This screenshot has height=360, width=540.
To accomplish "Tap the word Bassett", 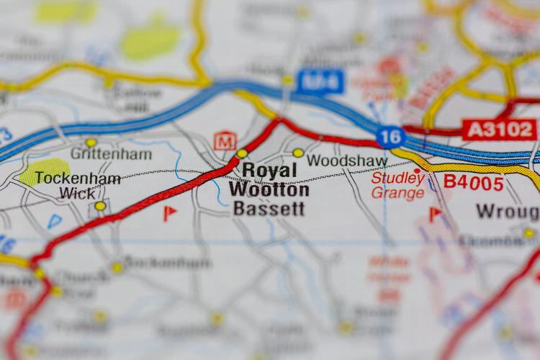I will (x=268, y=210).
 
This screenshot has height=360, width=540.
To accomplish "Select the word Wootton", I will (x=269, y=190).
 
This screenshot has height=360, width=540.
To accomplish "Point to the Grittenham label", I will (x=111, y=154).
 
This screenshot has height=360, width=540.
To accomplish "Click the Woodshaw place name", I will (x=342, y=161).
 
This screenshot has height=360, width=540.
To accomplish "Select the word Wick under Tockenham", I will (x=77, y=193).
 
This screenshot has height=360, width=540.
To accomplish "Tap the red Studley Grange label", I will (x=398, y=185).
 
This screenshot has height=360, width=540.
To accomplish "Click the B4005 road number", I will (x=473, y=183).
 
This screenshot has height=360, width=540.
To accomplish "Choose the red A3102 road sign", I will (x=499, y=130).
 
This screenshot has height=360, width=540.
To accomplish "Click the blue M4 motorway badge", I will (x=319, y=81).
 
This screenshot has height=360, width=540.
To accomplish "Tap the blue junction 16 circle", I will (x=390, y=136).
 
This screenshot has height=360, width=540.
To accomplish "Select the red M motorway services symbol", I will (x=225, y=140).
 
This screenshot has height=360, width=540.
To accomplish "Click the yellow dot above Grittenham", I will (x=91, y=143).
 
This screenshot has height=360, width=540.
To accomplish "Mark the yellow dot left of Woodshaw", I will (x=298, y=153).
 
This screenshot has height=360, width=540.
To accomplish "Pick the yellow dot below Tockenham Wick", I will (x=100, y=206).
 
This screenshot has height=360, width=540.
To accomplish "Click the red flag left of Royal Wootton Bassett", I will (x=169, y=213).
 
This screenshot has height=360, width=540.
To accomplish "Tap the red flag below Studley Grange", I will (x=435, y=214).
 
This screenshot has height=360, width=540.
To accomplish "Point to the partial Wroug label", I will (x=507, y=212).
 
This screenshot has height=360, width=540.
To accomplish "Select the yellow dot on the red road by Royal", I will (x=242, y=153).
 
